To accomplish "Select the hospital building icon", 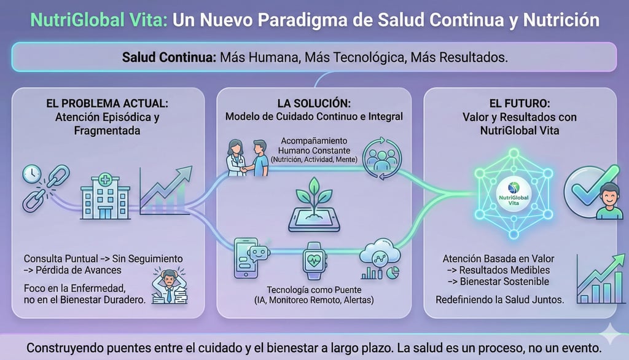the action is point(106,194).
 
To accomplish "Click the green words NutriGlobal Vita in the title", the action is point(99,20).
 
